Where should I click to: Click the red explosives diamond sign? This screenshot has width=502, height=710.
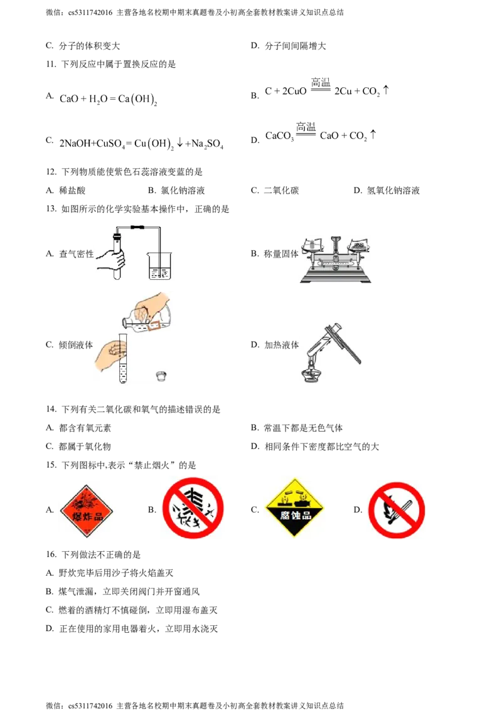click(86, 511)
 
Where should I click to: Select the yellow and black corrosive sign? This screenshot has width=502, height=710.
click(294, 507)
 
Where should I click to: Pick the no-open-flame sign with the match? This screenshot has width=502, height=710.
click(397, 510)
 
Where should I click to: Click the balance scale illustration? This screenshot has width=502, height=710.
click(336, 260)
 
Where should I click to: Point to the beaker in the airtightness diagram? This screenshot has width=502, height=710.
click(159, 266)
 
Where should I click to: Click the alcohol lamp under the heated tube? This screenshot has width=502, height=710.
click(311, 371)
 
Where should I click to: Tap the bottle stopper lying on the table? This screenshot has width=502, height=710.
click(161, 376)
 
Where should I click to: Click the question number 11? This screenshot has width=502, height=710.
click(51, 65)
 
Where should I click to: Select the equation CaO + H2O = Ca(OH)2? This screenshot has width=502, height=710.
click(109, 99)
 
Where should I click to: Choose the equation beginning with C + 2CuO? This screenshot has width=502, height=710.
click(327, 88)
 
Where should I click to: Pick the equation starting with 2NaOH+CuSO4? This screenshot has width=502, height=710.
click(141, 144)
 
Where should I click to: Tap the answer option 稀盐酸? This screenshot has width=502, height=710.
click(72, 191)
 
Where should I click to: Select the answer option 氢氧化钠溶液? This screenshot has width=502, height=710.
click(393, 191)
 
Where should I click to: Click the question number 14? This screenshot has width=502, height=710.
click(51, 410)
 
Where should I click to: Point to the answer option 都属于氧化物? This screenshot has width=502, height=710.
click(85, 447)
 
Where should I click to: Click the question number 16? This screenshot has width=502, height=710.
click(51, 554)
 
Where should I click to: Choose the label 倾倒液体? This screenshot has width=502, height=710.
click(76, 345)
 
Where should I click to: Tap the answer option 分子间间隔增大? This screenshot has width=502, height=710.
click(296, 46)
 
